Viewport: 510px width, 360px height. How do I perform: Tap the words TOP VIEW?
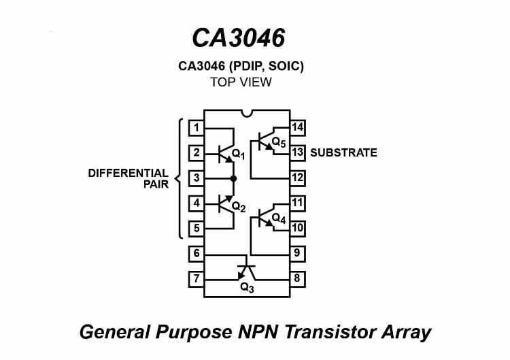point(241,82)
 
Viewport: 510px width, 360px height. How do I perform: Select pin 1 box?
point(196,127)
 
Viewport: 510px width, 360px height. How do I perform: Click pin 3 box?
point(196,178)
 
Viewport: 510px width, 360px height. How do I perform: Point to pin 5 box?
point(196,229)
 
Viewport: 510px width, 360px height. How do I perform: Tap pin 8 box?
point(297,278)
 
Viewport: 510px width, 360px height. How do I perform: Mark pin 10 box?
point(297,228)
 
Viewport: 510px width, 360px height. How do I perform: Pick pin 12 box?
point(297,178)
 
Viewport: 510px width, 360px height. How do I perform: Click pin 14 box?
point(297,127)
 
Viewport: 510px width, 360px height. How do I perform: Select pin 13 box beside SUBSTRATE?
point(297,152)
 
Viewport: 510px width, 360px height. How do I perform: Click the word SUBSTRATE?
point(343,152)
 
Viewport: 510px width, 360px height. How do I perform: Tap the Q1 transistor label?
point(238,154)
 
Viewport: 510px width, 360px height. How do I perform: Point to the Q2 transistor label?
point(238,206)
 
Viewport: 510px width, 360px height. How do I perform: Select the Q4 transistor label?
point(278,218)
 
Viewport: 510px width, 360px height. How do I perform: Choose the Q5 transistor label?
point(278,143)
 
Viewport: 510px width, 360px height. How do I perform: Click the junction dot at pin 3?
point(233,178)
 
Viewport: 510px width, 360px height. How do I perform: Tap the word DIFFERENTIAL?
point(128,173)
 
